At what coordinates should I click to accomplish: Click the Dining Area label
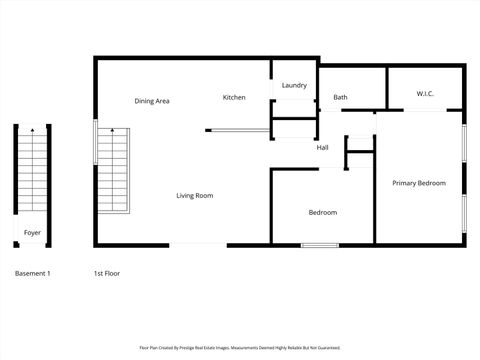tap(152, 101)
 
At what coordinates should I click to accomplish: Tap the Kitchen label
tap(234, 97)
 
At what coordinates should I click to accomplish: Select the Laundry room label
tap(294, 86)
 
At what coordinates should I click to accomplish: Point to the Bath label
tap(340, 97)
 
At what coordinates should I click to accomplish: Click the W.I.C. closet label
tap(425, 94)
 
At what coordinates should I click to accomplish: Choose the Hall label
tap(322, 148)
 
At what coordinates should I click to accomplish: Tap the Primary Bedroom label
tap(418, 183)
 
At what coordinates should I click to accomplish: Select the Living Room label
tap(195, 196)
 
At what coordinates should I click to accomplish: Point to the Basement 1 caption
tap(32, 273)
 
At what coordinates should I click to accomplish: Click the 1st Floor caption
tap(106, 273)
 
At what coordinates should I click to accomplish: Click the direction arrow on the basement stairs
tap(33, 132)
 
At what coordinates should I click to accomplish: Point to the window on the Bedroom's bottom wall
tap(319, 245)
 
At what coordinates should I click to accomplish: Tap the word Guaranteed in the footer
tap(328, 348)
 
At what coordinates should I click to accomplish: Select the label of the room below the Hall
tap(322, 212)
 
